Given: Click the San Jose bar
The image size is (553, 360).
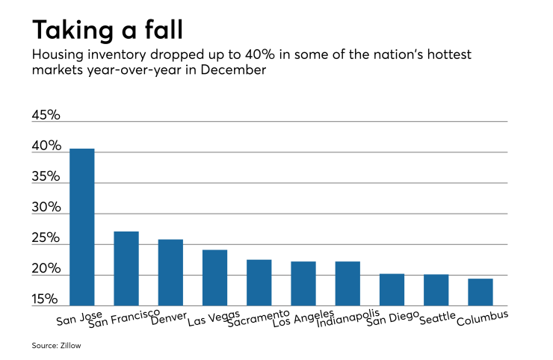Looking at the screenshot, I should [81, 227].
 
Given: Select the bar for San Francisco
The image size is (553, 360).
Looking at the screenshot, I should [126, 268].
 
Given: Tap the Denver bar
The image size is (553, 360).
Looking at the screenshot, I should [170, 273].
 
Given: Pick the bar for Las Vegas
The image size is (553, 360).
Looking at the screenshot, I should [214, 278].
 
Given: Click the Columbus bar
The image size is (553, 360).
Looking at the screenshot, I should [481, 292].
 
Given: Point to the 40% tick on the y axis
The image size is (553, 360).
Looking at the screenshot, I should [46, 146].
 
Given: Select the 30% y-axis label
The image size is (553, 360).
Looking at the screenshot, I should [46, 208].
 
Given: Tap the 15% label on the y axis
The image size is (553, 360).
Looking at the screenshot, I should [46, 300].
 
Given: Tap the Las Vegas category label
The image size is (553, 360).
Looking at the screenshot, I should [214, 320].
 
